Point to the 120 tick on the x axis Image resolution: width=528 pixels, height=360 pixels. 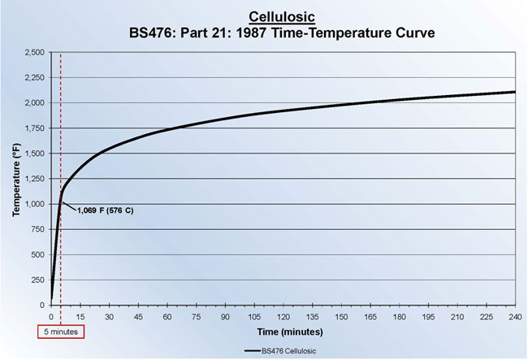coord(283,316)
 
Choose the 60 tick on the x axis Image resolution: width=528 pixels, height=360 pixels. coord(167,316)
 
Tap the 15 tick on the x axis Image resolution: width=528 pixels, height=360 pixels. coord(80,316)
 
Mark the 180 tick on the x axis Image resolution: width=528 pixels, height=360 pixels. coord(399,316)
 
